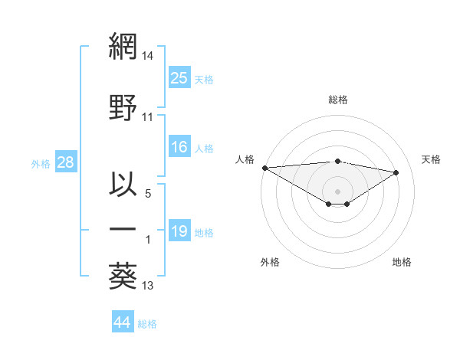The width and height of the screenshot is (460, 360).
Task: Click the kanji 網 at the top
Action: (123, 47)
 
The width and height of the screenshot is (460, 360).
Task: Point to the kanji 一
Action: (123, 230)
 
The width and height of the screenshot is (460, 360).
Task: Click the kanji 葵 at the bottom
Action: (123, 275)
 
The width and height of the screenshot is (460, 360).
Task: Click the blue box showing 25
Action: (179, 78)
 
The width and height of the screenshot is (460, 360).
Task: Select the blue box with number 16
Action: (179, 148)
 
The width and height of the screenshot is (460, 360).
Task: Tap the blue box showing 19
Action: (179, 231)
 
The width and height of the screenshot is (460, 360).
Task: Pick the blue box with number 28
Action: (65, 162)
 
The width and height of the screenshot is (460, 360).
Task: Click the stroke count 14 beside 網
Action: (148, 57)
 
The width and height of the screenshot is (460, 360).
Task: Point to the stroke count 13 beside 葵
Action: (148, 286)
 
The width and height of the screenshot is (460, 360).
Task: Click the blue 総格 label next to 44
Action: (147, 324)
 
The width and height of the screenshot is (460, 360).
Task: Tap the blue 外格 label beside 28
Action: (41, 163)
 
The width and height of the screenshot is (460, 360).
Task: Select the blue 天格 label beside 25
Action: (204, 80)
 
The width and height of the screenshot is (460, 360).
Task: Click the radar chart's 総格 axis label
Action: (337, 100)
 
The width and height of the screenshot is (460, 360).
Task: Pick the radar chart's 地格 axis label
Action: (402, 262)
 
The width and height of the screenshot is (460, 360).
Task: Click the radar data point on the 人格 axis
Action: (264, 168)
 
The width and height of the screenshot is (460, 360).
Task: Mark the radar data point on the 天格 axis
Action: (396, 172)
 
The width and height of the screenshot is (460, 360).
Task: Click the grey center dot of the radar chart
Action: (337, 190)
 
